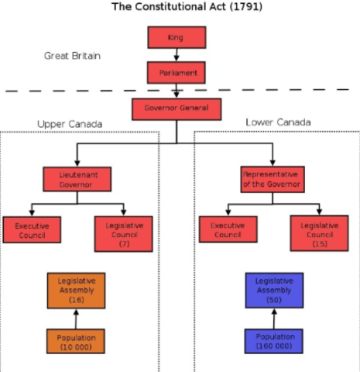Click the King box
177,37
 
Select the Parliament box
177,73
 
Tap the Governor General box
177,108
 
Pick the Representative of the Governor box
270,179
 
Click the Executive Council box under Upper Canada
31,229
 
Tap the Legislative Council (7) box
124,233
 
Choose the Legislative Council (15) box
320,233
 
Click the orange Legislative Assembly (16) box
76,290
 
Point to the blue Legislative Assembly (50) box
274,290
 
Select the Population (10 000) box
76,341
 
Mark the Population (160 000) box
274,341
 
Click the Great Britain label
72,56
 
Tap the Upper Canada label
70,124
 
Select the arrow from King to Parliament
177,55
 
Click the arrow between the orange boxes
76,318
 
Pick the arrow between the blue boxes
274,318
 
